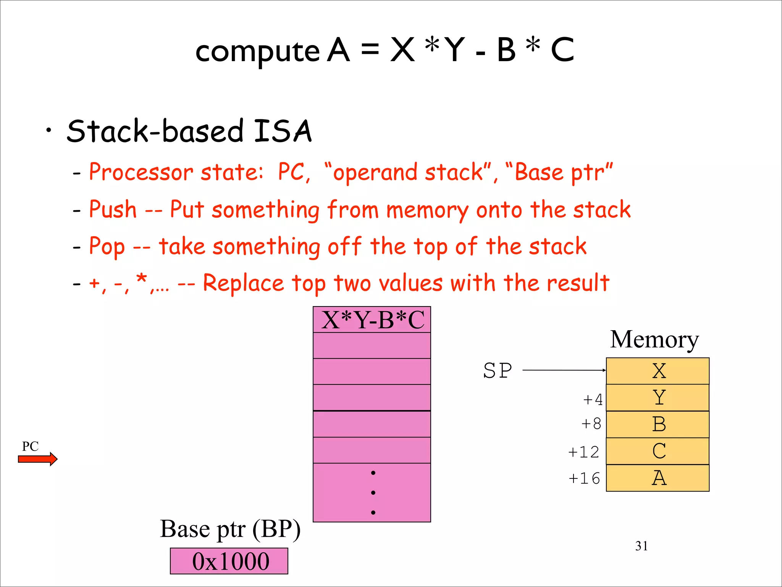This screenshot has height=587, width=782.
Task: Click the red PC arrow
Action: pyautogui.click(x=37, y=459)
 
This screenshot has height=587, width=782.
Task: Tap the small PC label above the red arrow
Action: pyautogui.click(x=30, y=446)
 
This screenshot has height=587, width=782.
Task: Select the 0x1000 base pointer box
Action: pyautogui.click(x=229, y=561)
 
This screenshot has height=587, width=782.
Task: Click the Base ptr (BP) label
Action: pyautogui.click(x=230, y=529)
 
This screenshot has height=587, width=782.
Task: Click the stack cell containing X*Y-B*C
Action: pyautogui.click(x=372, y=320)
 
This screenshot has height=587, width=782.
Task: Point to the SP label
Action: pyautogui.click(x=497, y=370)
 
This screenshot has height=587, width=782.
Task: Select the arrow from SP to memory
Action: pyautogui.click(x=564, y=370)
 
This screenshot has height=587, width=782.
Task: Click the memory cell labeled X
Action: pyautogui.click(x=658, y=371)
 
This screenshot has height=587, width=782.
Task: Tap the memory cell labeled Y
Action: pyautogui.click(x=658, y=397)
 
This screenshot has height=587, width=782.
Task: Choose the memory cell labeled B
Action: pyautogui.click(x=658, y=424)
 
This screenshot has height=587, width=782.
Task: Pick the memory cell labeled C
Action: pyautogui.click(x=658, y=451)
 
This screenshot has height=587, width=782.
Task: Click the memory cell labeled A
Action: pyautogui.click(x=658, y=478)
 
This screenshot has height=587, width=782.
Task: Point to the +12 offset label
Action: pyautogui.click(x=583, y=452)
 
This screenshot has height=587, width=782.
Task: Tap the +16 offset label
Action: pyautogui.click(x=584, y=478)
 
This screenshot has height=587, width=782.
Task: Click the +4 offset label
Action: pyautogui.click(x=592, y=400)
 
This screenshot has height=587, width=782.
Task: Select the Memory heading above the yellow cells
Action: pyautogui.click(x=654, y=339)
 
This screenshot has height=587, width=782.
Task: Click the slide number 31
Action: pyautogui.click(x=641, y=546)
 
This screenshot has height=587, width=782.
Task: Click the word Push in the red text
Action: pyautogui.click(x=113, y=209)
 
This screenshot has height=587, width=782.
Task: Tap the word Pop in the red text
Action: pyautogui.click(x=107, y=246)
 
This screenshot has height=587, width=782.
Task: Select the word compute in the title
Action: pyautogui.click(x=257, y=52)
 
